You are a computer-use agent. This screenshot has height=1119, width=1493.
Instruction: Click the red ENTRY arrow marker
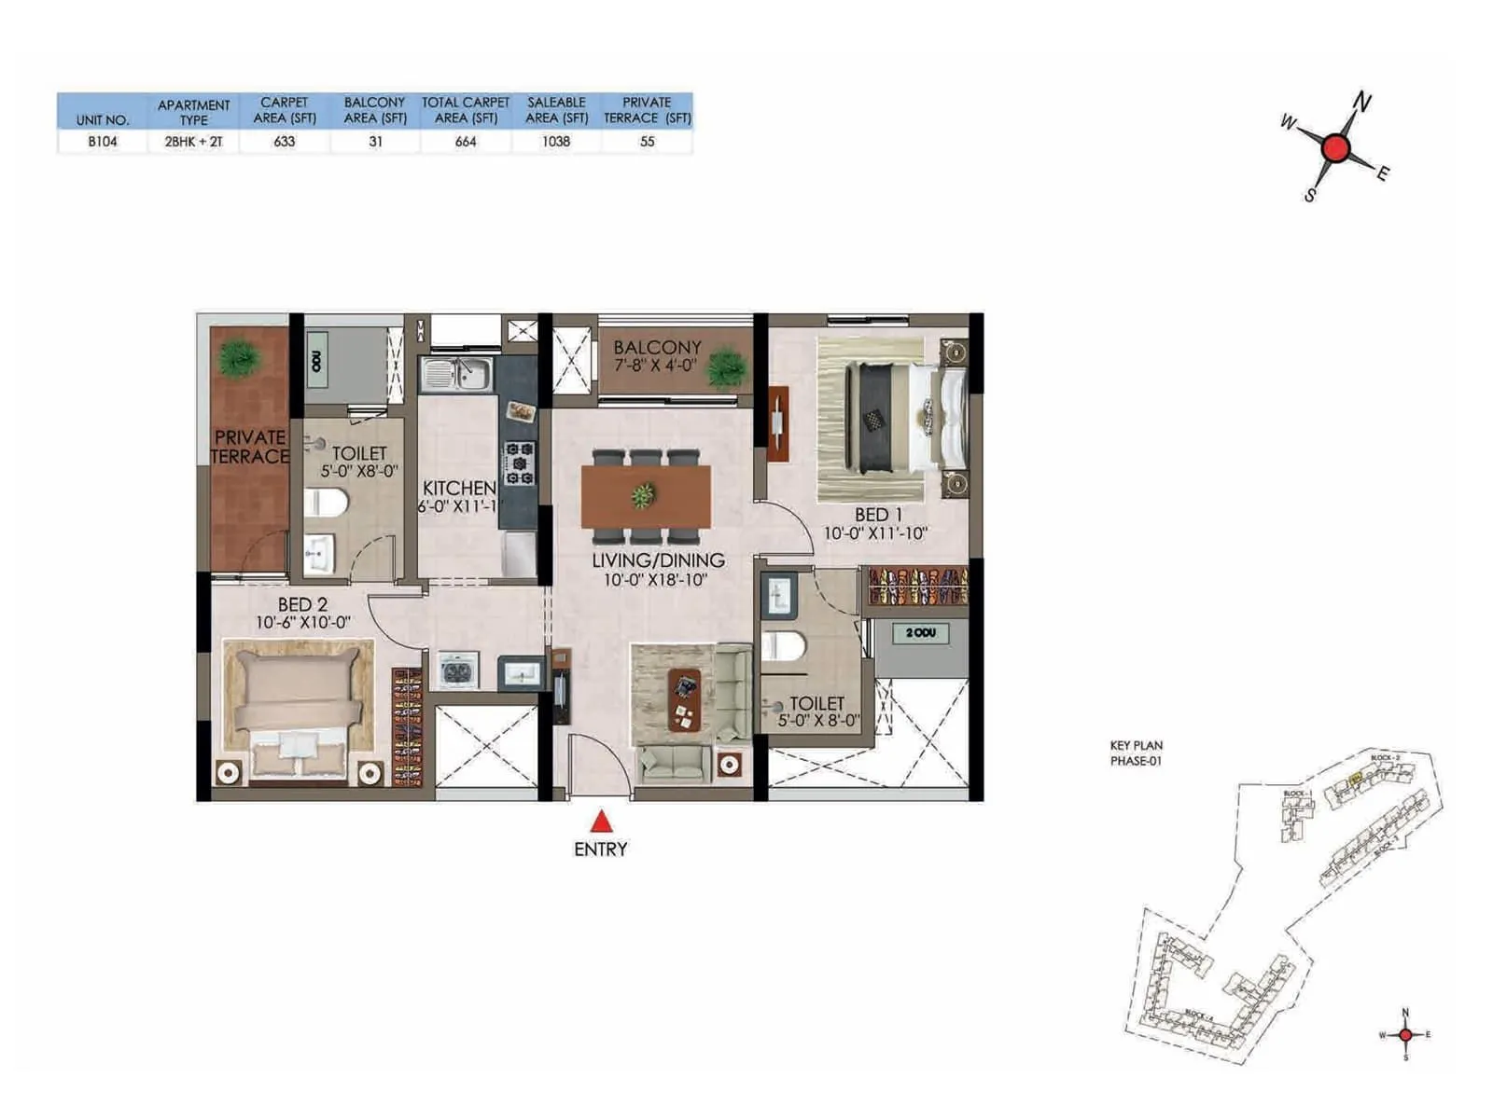click(x=602, y=822)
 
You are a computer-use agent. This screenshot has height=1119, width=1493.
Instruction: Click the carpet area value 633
click(x=285, y=142)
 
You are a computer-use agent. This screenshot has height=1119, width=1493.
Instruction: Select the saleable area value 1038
click(x=556, y=142)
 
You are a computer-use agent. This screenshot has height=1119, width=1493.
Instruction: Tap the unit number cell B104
click(x=103, y=142)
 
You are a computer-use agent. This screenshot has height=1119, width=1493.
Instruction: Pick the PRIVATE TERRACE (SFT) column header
click(x=647, y=110)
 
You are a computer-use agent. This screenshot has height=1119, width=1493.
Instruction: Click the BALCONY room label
click(x=657, y=347)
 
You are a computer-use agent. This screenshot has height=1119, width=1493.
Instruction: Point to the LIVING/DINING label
click(x=658, y=560)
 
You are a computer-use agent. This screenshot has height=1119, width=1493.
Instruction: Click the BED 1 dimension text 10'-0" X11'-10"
click(x=875, y=533)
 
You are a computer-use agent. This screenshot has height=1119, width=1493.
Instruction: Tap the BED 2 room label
click(x=302, y=604)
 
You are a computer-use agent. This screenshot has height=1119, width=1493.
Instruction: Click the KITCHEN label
click(x=459, y=488)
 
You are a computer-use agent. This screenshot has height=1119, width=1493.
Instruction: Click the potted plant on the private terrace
click(x=238, y=358)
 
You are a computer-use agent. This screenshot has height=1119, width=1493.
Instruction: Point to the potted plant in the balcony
click(x=726, y=366)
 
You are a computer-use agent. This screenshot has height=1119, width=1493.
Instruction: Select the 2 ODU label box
click(x=919, y=633)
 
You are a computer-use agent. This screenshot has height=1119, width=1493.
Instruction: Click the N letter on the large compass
click(x=1362, y=102)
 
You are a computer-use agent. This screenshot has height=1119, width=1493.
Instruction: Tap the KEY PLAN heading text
click(x=1136, y=745)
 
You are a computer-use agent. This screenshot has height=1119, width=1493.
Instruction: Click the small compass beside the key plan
click(x=1405, y=1034)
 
